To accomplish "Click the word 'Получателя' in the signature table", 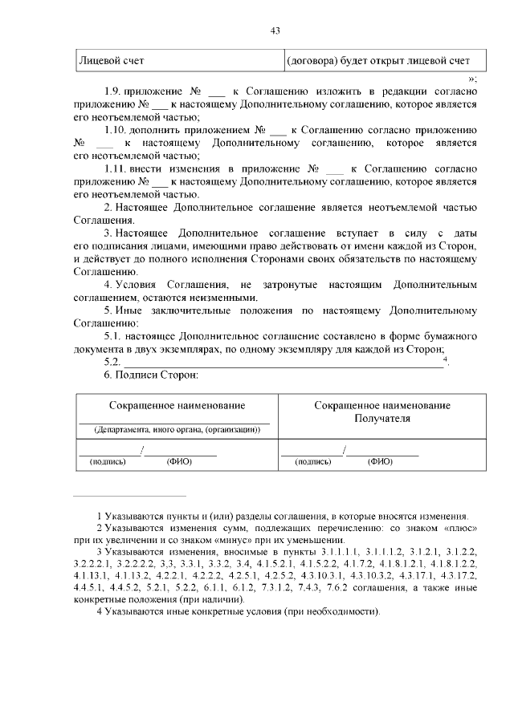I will pyautogui.click(x=381, y=418).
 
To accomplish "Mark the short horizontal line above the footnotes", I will pyautogui.click(x=128, y=496).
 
